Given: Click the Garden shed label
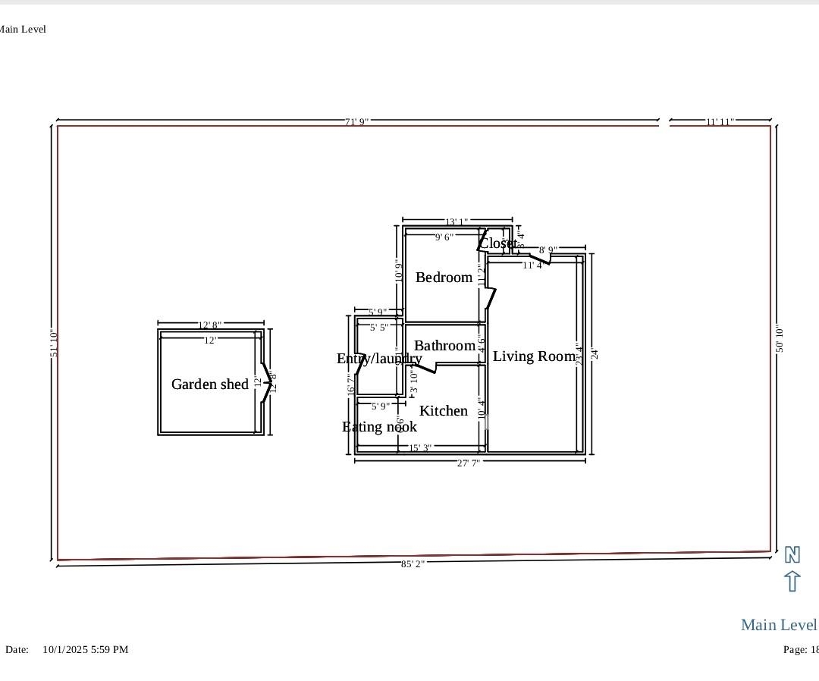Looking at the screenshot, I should tap(210, 384).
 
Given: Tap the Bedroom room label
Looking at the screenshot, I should tap(444, 278).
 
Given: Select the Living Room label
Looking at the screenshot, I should tap(534, 356).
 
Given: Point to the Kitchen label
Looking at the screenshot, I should tap(444, 411).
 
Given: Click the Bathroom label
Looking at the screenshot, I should tap(445, 346).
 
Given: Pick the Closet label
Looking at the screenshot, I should tap(498, 243).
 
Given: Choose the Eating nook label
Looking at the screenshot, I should tap(379, 427).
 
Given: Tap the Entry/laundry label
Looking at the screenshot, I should tap(379, 359).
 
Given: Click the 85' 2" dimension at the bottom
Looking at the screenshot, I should tap(413, 564).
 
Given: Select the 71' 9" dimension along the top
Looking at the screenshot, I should tap(357, 122).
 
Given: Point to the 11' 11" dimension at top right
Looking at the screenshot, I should tap(720, 122).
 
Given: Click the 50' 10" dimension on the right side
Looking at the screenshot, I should tap(780, 338).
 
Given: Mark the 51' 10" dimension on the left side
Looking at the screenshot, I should tap(54, 344).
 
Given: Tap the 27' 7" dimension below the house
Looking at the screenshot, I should tap(468, 463).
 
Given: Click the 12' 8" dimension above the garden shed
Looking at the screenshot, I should tap(210, 325).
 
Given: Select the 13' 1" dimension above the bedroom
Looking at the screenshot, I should tap(457, 222).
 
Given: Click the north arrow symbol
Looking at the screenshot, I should tap(792, 582).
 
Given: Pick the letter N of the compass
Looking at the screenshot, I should tap(792, 555).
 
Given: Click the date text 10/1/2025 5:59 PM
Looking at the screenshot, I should tap(85, 650).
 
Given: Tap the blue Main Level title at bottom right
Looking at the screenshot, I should tap(779, 625).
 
